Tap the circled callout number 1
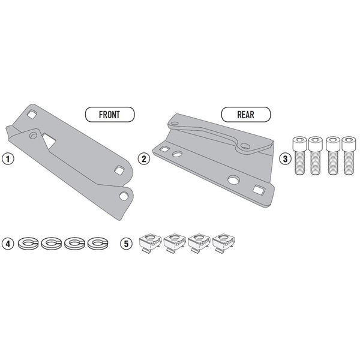[8, 159]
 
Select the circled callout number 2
[143, 159]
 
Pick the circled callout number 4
[8, 244]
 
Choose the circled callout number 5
[127, 244]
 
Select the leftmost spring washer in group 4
[27, 244]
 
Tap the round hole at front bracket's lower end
[124, 196]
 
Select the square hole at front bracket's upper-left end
[31, 113]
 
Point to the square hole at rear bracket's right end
[259, 190]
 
